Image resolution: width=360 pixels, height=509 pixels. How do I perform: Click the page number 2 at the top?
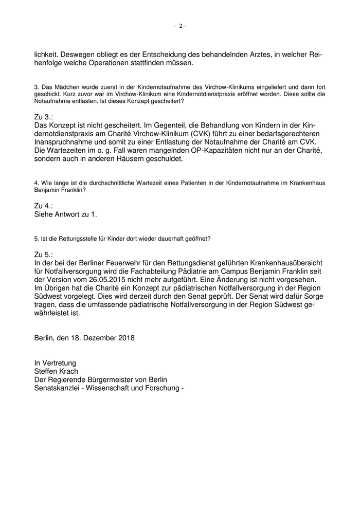pyautogui.click(x=180, y=26)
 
